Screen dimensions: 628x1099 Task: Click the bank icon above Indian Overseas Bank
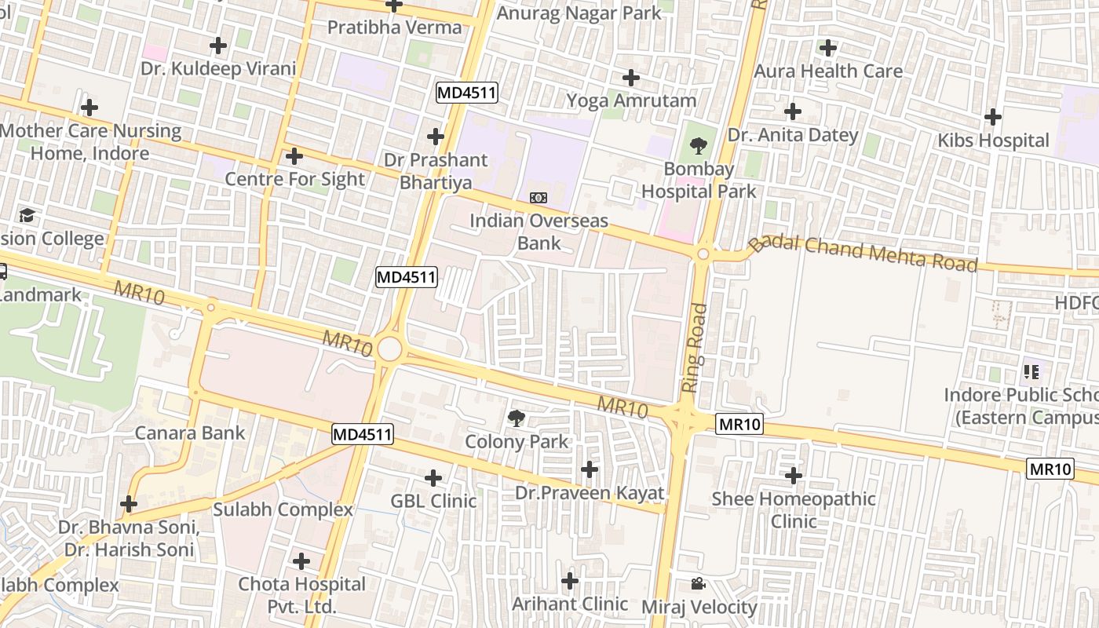point(539,198)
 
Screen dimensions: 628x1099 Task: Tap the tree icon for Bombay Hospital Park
point(698,146)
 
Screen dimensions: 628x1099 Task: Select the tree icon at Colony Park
point(517,418)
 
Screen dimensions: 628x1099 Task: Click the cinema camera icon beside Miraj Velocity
point(698,583)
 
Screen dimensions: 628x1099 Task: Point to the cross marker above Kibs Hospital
point(993,118)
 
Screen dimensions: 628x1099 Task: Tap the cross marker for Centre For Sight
point(294,156)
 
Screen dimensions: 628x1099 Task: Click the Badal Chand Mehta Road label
point(863,253)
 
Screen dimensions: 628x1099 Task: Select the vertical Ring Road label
point(691,348)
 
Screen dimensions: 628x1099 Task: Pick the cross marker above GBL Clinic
point(433,477)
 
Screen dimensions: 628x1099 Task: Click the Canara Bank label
point(190,433)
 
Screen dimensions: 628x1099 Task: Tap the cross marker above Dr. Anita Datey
point(793,111)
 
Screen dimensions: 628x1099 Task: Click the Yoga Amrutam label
point(631,100)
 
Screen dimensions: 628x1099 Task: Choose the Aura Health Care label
point(828,71)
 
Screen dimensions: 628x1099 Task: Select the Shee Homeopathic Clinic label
point(794,509)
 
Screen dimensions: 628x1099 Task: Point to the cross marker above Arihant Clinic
point(570,581)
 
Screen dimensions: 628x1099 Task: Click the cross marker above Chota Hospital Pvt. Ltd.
point(301,561)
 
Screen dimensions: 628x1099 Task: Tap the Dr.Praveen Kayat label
point(589,493)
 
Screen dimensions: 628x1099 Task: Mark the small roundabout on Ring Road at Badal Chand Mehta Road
point(703,254)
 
